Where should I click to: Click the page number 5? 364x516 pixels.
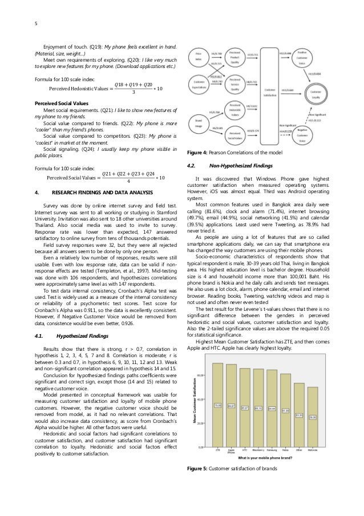(19, 23)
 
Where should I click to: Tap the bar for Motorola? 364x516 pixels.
(312, 417)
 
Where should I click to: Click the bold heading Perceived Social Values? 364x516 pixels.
(54, 101)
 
